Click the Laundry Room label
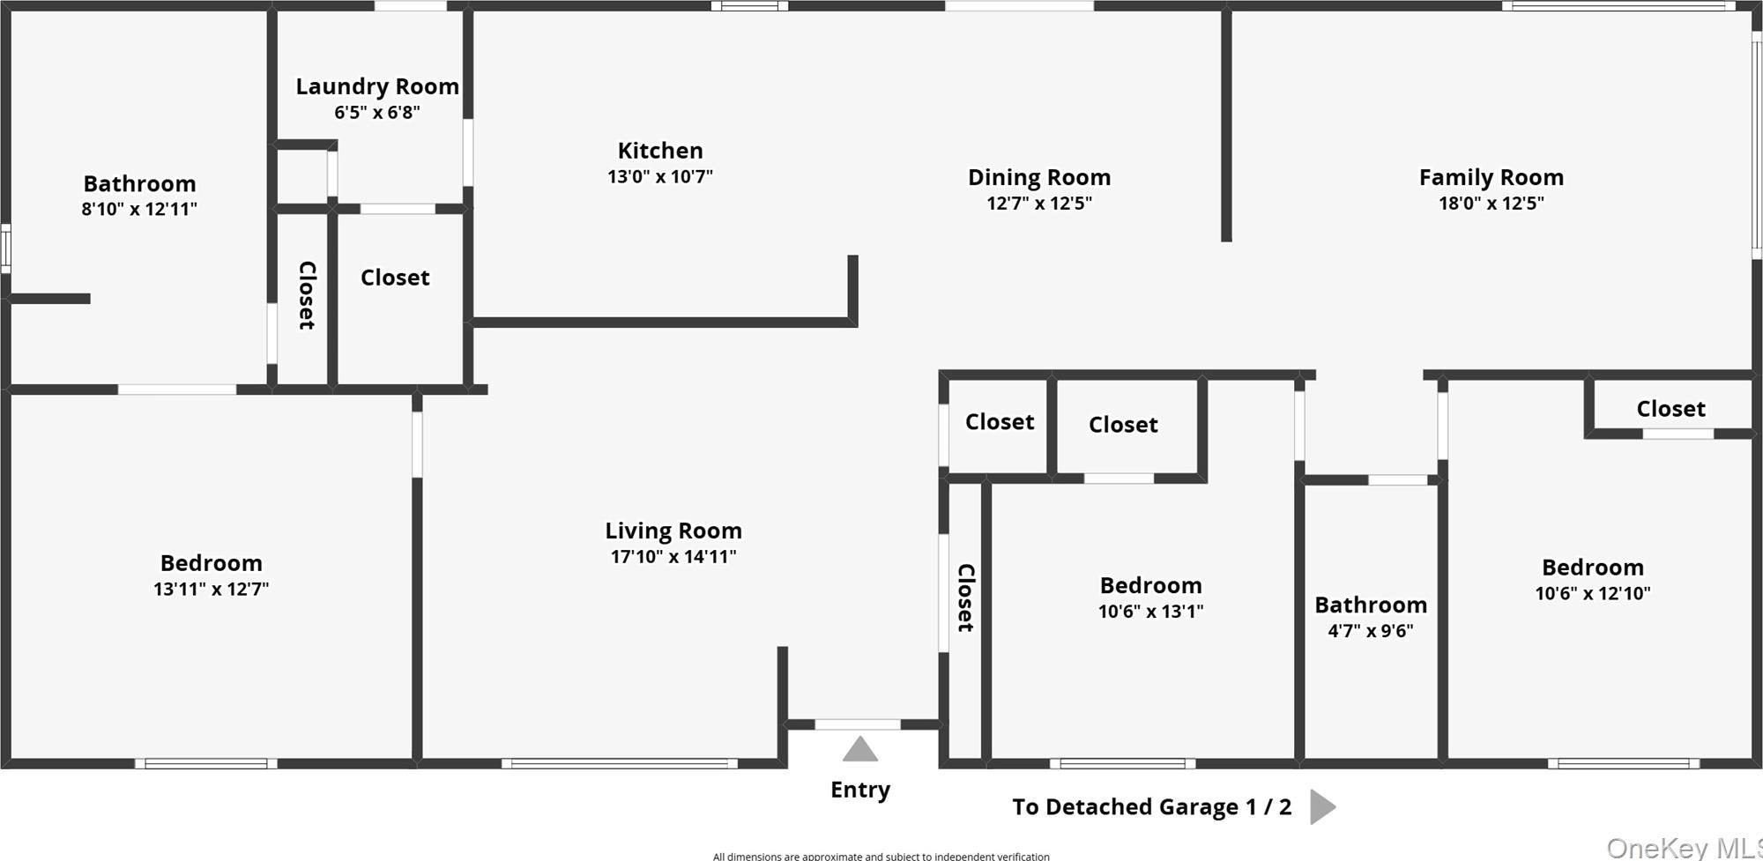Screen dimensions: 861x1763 click(377, 86)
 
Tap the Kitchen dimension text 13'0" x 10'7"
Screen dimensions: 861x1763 click(660, 176)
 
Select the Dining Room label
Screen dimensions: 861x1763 click(1039, 178)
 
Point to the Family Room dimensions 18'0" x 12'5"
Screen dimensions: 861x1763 click(1491, 204)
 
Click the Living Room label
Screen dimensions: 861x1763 click(673, 531)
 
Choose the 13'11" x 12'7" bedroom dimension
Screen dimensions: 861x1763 click(212, 589)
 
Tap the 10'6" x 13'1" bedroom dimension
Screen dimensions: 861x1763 click(1150, 612)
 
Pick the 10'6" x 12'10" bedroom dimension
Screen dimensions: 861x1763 click(1593, 593)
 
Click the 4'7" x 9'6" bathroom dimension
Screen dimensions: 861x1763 click(1371, 631)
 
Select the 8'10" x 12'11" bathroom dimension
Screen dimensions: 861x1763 click(139, 210)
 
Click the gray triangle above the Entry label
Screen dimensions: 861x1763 click(860, 750)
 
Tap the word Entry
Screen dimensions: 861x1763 click(860, 790)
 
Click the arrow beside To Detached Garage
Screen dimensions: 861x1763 click(1321, 806)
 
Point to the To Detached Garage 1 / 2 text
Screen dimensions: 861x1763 click(1151, 807)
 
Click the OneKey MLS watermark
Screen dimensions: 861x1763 click(1684, 848)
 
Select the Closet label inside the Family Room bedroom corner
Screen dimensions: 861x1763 click(1670, 409)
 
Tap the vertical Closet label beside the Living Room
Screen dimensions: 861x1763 click(966, 598)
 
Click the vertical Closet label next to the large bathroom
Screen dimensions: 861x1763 click(307, 295)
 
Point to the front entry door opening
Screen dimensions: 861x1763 click(858, 724)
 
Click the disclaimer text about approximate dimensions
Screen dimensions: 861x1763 click(881, 856)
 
